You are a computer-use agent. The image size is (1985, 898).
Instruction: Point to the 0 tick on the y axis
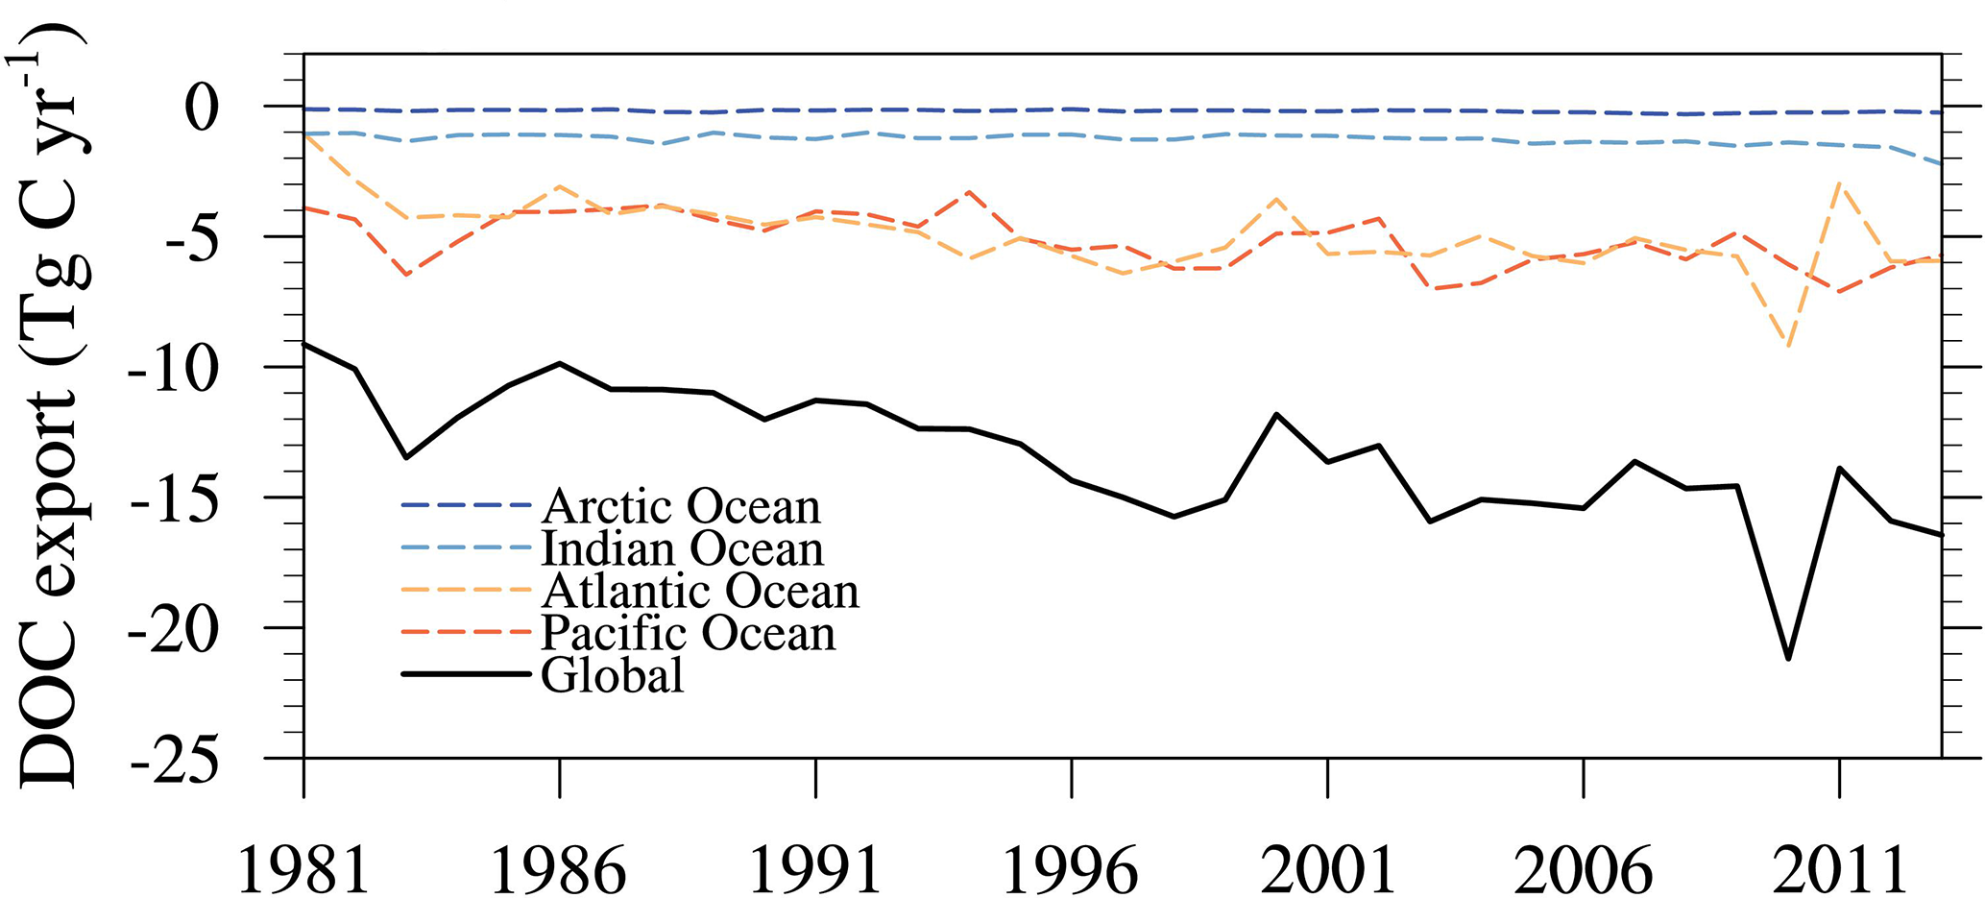tap(203, 109)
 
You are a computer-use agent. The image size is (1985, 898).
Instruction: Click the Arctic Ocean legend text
tap(681, 506)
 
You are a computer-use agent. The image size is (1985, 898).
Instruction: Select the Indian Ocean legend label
tap(683, 548)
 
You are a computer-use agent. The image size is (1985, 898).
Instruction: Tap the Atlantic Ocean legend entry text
tap(700, 591)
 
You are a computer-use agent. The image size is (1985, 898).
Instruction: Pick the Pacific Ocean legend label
tap(689, 633)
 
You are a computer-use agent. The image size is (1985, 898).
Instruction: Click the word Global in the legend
tap(613, 675)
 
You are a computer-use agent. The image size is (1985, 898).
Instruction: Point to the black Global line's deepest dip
tap(1788, 659)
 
